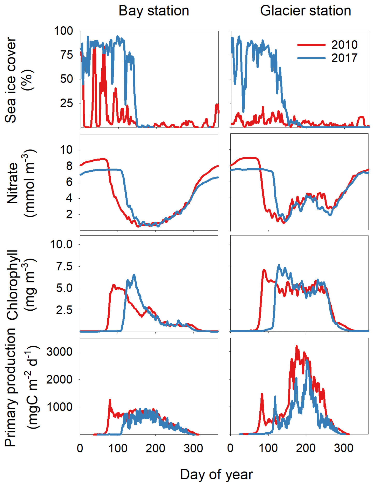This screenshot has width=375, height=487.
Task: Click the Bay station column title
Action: [x=154, y=11]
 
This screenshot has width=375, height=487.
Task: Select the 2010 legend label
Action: [x=344, y=45]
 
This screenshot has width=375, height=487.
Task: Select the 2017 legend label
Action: [x=344, y=58]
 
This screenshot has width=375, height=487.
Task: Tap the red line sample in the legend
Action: [x=311, y=45]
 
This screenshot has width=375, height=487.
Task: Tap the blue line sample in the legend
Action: [x=311, y=58]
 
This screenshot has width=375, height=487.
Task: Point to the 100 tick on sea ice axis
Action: [x=63, y=31]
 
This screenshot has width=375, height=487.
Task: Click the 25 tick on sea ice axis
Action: [x=67, y=103]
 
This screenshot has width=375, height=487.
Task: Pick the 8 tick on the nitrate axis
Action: [x=69, y=166]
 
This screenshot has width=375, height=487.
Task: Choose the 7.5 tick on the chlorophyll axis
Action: [x=65, y=266]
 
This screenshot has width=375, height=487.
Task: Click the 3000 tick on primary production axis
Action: [x=60, y=352]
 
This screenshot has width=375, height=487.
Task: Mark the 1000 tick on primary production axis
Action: [x=60, y=407]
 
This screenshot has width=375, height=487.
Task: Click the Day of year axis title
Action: [x=216, y=475]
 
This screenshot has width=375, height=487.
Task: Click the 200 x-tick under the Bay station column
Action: [x=155, y=448]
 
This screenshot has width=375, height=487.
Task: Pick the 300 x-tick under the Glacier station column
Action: [x=343, y=448]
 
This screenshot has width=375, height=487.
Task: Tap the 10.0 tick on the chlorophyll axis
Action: [x=61, y=244]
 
